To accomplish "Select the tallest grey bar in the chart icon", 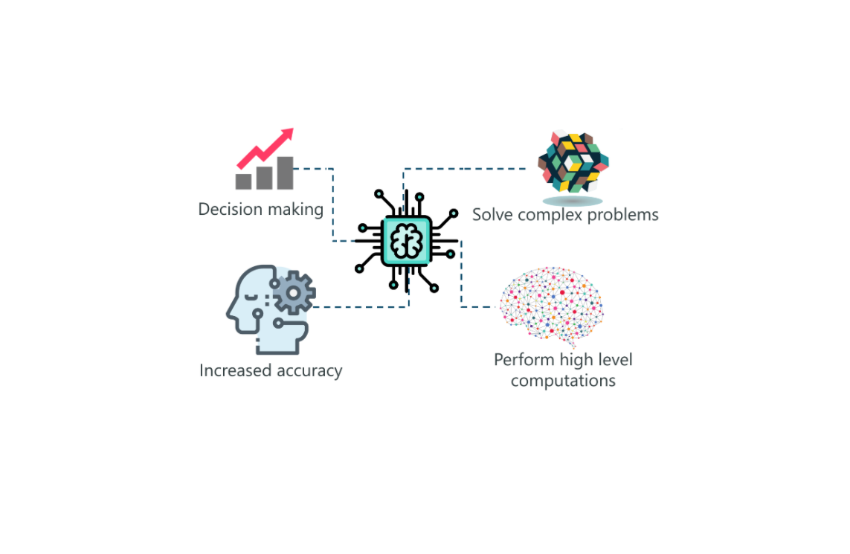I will click(284, 173).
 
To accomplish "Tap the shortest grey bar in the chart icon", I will click(243, 181).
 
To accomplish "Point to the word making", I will click(295, 210).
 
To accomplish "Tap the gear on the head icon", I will click(294, 292).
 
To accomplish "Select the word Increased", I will click(234, 370).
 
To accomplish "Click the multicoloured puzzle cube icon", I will click(573, 163).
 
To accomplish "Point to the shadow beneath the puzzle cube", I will click(572, 201).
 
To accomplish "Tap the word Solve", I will click(492, 215).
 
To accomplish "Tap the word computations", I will click(563, 381).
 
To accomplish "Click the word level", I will click(614, 361).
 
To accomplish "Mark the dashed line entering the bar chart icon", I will click(312, 169).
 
